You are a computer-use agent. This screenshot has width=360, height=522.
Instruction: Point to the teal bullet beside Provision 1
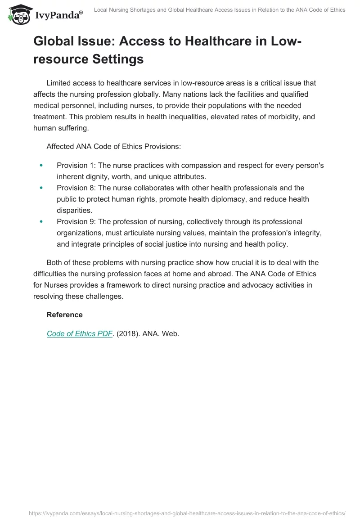[41, 166]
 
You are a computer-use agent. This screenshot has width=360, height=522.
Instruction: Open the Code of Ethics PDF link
[79, 334]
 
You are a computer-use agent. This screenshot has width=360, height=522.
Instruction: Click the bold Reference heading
[64, 315]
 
